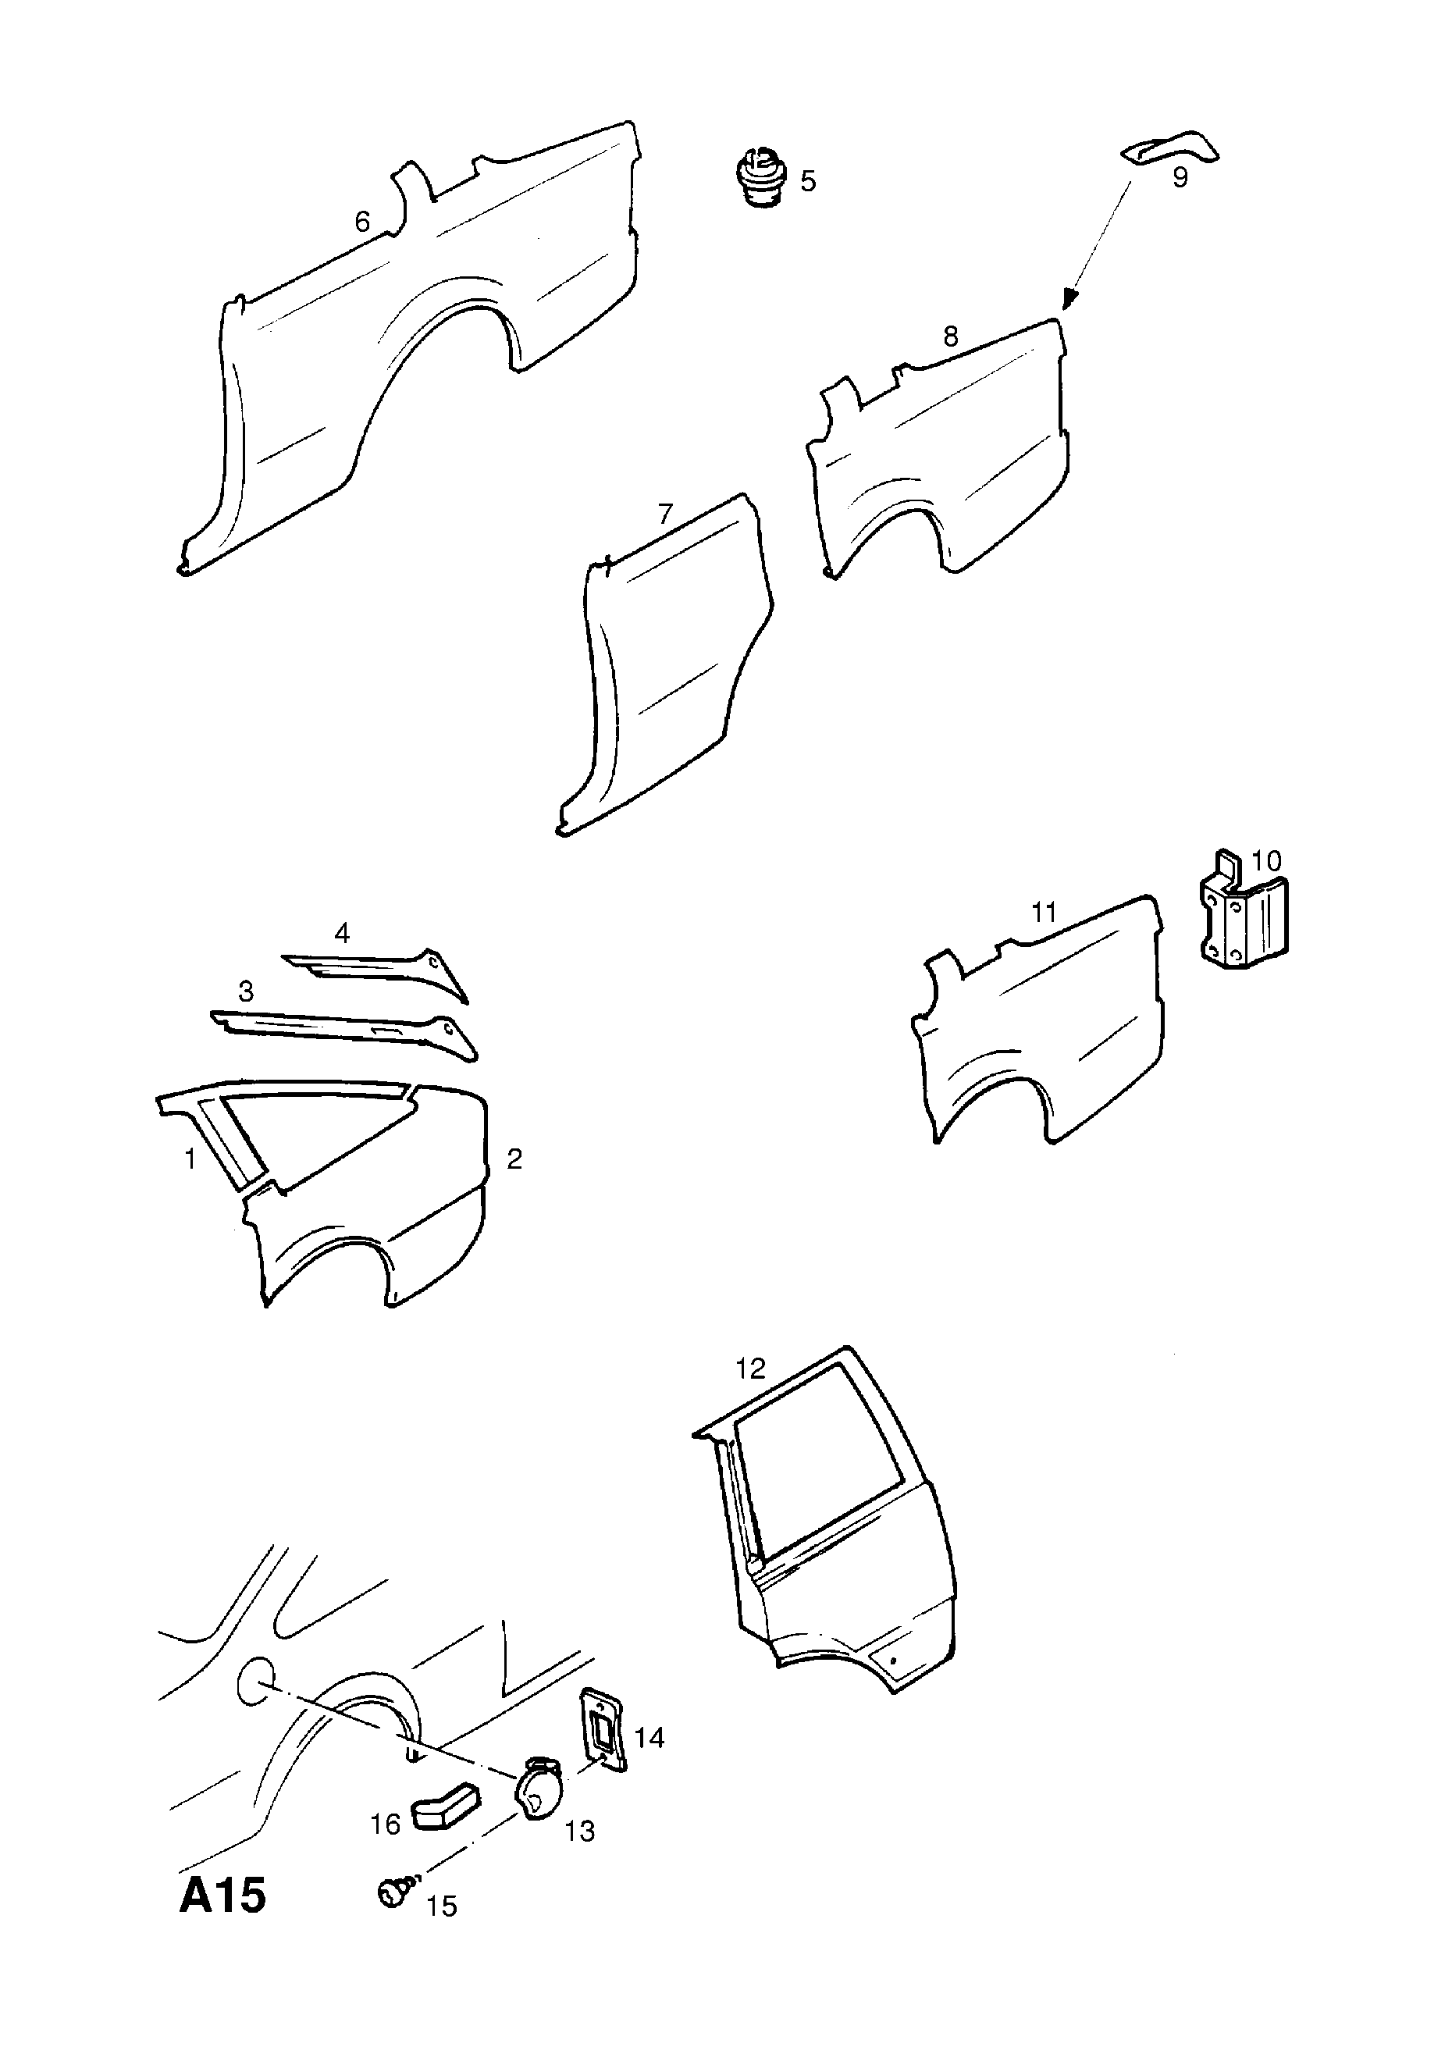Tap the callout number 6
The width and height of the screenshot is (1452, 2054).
click(362, 221)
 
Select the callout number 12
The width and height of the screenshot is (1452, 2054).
click(751, 1393)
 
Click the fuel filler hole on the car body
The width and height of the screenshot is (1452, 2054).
click(254, 1680)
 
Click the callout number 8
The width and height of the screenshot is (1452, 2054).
click(950, 336)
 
